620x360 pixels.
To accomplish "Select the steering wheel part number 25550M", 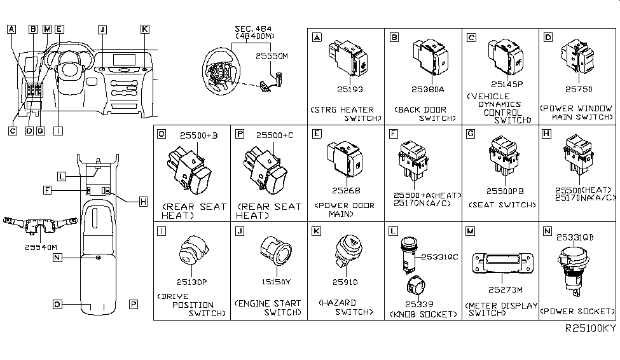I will pos(272,57).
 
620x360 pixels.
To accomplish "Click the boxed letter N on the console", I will pos(57,258).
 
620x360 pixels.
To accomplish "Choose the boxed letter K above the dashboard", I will pos(144,29).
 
